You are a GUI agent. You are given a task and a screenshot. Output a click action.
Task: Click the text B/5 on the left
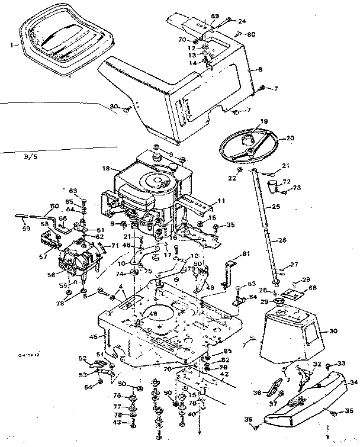click(x=30, y=157)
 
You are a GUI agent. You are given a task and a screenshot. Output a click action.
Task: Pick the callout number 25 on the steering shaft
click(x=276, y=207)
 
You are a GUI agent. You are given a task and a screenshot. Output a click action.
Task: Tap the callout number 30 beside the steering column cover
click(x=333, y=331)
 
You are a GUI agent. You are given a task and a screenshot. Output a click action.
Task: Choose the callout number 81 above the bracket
click(x=246, y=254)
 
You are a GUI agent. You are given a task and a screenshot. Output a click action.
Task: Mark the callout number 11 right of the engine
click(x=221, y=201)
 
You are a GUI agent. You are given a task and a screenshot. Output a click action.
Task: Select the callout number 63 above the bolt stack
click(x=73, y=191)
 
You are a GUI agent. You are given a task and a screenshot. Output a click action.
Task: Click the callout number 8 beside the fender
click(x=259, y=69)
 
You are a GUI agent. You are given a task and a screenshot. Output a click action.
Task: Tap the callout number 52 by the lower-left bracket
click(x=82, y=357)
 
